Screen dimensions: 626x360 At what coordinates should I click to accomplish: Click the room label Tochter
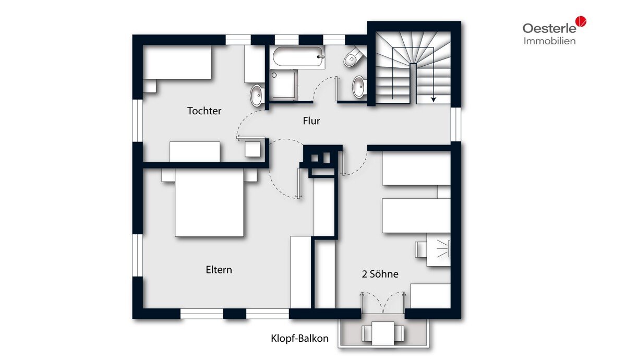tap(204, 111)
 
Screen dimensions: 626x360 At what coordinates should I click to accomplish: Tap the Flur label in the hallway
tap(311, 121)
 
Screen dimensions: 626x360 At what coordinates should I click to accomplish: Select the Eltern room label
tap(219, 270)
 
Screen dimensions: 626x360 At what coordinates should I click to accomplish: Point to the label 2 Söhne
tap(380, 274)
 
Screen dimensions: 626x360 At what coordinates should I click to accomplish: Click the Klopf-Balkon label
tap(299, 339)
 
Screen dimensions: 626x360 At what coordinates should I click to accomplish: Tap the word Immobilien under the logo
tap(549, 41)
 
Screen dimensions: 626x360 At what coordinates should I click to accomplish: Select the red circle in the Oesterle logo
tap(581, 21)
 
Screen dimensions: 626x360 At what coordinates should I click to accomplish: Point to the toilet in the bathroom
tap(353, 57)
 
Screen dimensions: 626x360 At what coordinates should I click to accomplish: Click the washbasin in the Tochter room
tap(257, 95)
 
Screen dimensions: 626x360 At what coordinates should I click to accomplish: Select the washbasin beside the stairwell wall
tap(359, 87)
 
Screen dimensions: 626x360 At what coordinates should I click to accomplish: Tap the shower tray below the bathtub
tap(284, 85)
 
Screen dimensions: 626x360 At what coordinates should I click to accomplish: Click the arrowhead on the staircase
tap(434, 99)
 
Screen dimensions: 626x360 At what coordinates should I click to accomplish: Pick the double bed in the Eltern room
tap(209, 202)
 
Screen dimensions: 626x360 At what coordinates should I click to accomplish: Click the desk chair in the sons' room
tap(420, 249)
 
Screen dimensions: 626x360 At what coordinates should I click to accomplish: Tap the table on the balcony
tap(383, 333)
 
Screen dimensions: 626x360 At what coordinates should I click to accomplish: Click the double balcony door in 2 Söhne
tap(383, 303)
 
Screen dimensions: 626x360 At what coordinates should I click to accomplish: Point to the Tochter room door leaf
tap(251, 138)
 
